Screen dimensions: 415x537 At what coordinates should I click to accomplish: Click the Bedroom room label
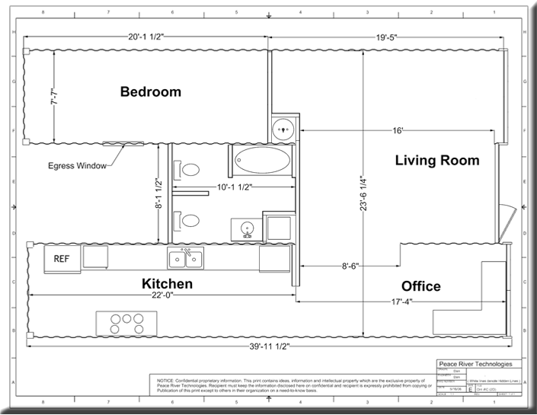[151, 92]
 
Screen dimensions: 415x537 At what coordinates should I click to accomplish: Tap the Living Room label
[436, 160]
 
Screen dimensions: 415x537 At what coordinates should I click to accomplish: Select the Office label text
[421, 286]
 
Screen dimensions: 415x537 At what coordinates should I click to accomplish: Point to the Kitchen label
[167, 284]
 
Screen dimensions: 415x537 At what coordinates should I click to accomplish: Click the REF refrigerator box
[62, 257]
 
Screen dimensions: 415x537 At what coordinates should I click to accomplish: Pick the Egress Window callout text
[76, 165]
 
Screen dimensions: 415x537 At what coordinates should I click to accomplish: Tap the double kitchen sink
[186, 259]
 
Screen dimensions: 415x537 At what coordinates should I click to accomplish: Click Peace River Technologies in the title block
[478, 365]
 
